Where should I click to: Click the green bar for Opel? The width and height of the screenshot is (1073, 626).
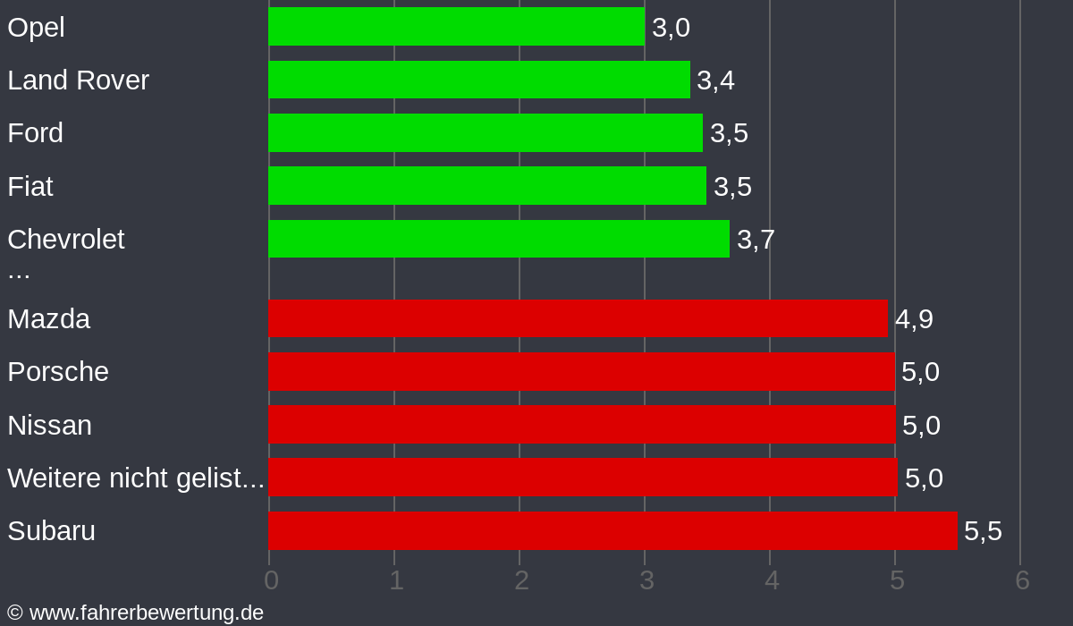click(456, 27)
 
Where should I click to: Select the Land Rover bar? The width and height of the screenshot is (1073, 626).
click(479, 80)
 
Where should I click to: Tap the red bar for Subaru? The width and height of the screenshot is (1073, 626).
click(613, 530)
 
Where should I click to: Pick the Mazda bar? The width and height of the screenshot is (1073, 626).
click(578, 318)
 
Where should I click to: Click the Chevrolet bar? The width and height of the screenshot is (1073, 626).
click(499, 239)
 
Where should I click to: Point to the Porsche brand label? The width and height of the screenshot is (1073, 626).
click(58, 372)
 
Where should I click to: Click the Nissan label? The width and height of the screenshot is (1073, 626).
click(50, 425)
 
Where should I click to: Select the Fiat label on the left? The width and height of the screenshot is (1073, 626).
click(30, 186)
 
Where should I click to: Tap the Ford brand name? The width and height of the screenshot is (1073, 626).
click(36, 133)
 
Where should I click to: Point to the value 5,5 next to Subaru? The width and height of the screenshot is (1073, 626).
click(983, 531)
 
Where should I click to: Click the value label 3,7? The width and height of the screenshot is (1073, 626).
click(756, 240)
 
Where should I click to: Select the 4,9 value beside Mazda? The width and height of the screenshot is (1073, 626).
click(914, 319)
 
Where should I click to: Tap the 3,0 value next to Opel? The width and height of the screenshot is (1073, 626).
click(671, 28)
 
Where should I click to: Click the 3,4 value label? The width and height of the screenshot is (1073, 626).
click(715, 80)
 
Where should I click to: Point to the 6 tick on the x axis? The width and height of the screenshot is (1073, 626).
click(1022, 580)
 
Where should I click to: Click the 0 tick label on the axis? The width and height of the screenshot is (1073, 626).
click(271, 580)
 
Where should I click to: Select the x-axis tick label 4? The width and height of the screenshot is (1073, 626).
click(772, 580)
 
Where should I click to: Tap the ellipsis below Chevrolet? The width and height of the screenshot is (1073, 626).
click(19, 272)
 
